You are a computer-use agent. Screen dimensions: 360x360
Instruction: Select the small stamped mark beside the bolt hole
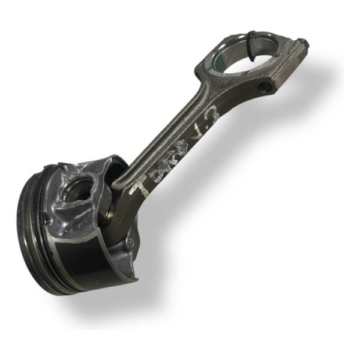(x=262, y=71)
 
